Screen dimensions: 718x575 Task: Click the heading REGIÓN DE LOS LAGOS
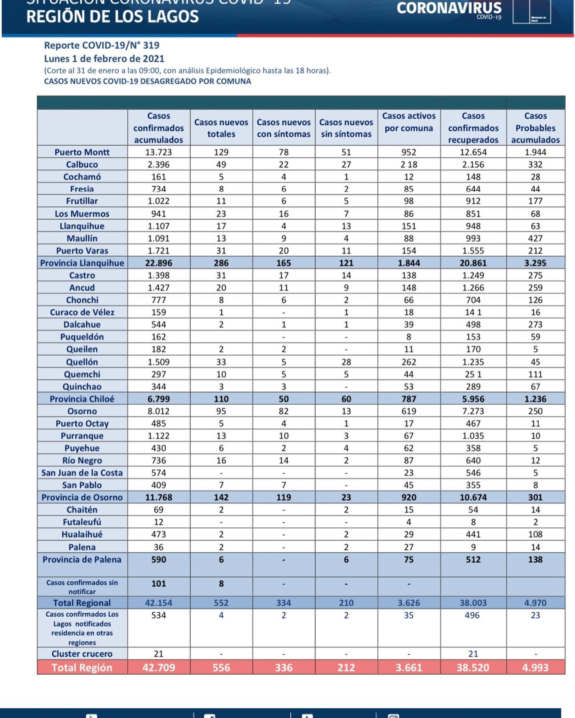click(x=112, y=17)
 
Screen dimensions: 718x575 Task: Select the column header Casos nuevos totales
click(x=221, y=128)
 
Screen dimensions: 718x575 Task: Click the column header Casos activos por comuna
click(x=408, y=122)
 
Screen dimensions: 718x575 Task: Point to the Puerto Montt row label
click(x=82, y=152)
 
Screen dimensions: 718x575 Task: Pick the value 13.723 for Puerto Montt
click(x=159, y=152)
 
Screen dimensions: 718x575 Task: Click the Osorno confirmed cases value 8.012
click(x=159, y=411)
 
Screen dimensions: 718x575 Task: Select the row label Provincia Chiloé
click(x=82, y=399)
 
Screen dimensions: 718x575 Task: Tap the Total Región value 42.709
click(x=159, y=667)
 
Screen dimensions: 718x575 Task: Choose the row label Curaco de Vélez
click(x=82, y=312)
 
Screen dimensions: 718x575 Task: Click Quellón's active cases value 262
click(x=408, y=362)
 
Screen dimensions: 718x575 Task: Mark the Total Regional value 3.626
click(x=408, y=603)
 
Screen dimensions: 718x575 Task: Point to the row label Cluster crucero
click(x=82, y=654)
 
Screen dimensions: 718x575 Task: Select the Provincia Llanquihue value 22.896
click(x=159, y=263)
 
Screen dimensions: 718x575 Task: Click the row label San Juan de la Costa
click(x=82, y=473)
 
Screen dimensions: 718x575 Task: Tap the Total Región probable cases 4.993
click(x=535, y=667)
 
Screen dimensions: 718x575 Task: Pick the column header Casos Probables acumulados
click(x=535, y=128)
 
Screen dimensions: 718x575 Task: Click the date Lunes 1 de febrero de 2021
click(x=104, y=59)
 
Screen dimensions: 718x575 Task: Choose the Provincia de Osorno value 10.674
click(x=473, y=497)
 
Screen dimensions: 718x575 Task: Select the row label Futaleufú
click(x=82, y=522)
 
